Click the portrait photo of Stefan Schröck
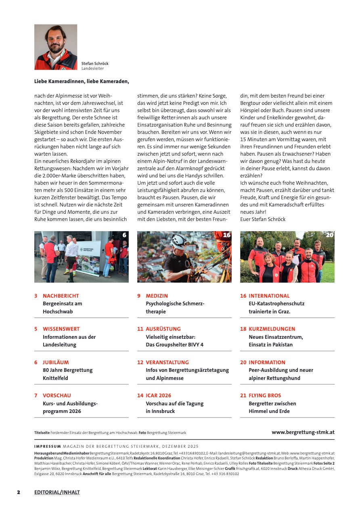[56, 47]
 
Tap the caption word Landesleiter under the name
[93, 69]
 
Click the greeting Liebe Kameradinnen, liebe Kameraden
[82, 81]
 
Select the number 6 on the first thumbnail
[124, 235]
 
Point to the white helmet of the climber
[179, 240]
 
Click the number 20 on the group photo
[330, 235]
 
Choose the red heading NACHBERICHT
[61, 296]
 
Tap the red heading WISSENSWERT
[61, 329]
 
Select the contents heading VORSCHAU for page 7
[57, 395]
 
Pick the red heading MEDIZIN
[157, 296]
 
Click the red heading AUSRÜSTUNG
[163, 329]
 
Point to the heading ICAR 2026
[159, 395]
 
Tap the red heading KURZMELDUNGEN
[272, 329]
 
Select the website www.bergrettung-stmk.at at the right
[303, 432]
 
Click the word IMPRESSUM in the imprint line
[48, 446]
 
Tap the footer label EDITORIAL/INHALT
[57, 492]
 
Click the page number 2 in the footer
[19, 492]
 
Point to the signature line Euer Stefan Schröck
[263, 219]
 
